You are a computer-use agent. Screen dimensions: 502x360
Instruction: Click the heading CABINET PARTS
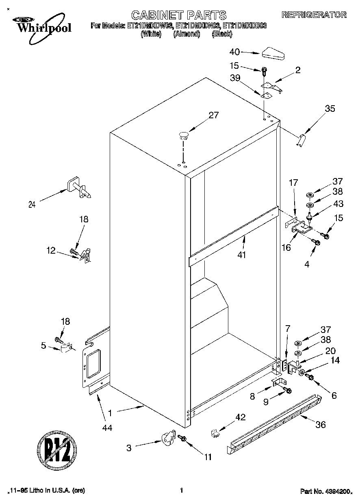pyautogui.click(x=180, y=15)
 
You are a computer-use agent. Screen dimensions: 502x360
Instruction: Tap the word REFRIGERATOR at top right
pyautogui.click(x=314, y=15)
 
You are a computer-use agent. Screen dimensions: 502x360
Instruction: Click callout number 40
pyautogui.click(x=235, y=52)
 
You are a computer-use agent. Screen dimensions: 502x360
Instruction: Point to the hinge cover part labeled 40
pyautogui.click(x=275, y=53)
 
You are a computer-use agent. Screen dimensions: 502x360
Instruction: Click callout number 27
pyautogui.click(x=213, y=115)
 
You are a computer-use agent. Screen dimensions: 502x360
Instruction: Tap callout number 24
pyautogui.click(x=32, y=205)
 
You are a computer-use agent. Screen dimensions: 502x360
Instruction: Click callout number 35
pyautogui.click(x=330, y=109)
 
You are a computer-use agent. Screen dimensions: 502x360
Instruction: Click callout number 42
pyautogui.click(x=241, y=417)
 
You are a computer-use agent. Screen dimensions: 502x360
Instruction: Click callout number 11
pyautogui.click(x=208, y=457)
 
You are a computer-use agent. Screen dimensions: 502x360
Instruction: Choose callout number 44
pyautogui.click(x=107, y=427)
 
